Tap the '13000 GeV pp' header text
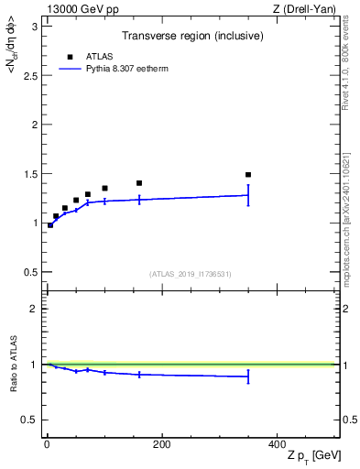tap(77, 9)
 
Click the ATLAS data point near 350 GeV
tap(248, 174)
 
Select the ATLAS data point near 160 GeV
tap(139, 183)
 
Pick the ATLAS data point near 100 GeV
tap(104, 188)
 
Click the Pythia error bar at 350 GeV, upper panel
tap(248, 194)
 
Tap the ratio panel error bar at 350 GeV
tap(248, 376)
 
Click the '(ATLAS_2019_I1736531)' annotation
tap(191, 274)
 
